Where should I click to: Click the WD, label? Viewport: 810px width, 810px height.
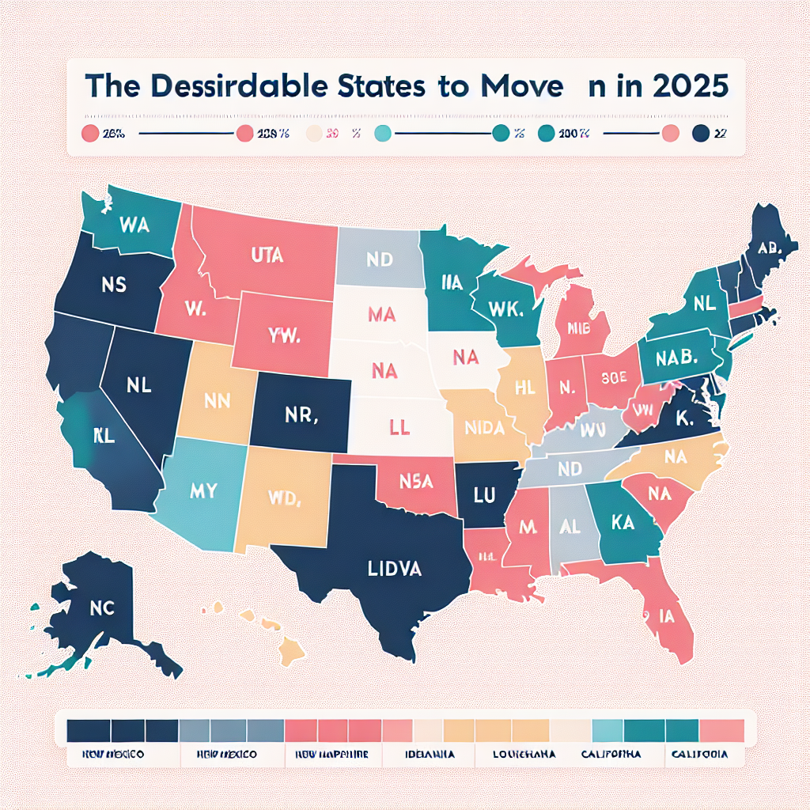pos(284,499)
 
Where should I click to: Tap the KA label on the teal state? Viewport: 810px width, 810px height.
pos(626,523)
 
